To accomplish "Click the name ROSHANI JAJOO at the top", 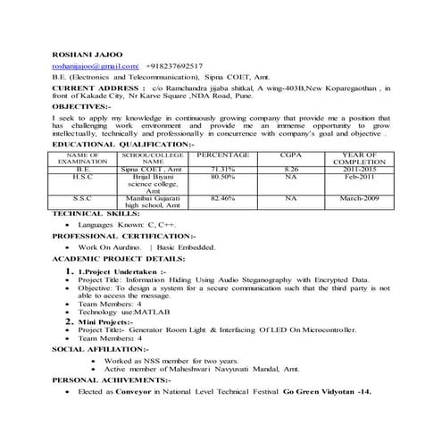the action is [88, 53].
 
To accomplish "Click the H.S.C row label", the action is [82, 177].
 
